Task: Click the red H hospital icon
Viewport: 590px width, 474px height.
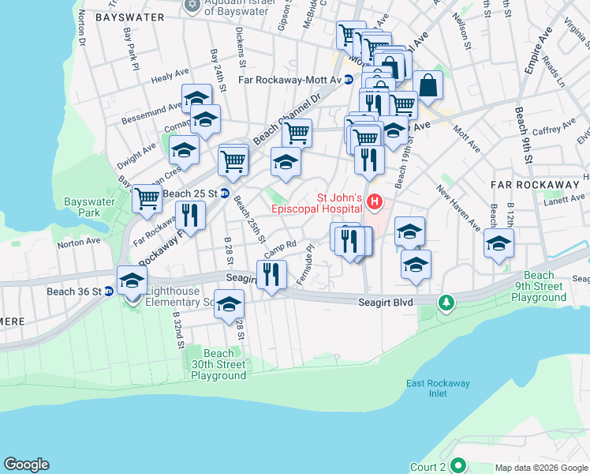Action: tap(374, 204)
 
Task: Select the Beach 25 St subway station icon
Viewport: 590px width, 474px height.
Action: tap(225, 194)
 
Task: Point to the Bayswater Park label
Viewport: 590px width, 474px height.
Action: tap(89, 207)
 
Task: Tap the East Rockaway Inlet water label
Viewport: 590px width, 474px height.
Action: tap(438, 389)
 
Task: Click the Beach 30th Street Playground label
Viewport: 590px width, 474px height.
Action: tap(218, 364)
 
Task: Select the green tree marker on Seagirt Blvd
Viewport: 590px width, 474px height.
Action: tap(446, 302)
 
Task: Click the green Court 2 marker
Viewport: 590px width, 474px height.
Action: tap(457, 466)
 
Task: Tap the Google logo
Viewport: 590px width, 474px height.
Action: tap(26, 465)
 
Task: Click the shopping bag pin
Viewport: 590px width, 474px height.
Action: tap(427, 86)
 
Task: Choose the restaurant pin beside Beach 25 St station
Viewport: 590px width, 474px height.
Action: tap(190, 216)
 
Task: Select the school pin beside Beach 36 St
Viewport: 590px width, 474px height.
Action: tap(132, 280)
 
